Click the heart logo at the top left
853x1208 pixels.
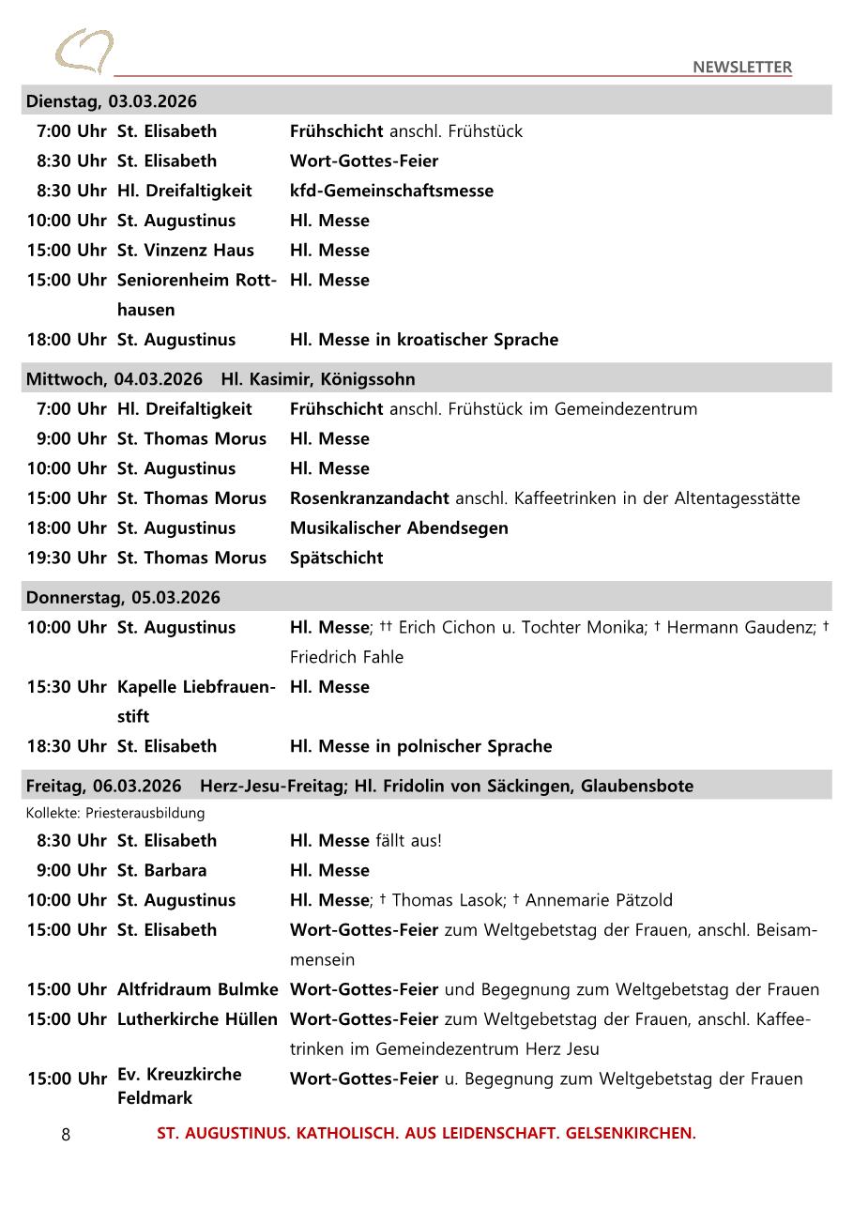pos(84,51)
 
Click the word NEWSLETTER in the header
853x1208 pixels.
pos(742,67)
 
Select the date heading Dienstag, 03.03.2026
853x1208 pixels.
pos(112,101)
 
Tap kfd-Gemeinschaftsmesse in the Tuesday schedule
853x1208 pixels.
pos(391,191)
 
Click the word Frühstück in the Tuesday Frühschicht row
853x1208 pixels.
pos(485,131)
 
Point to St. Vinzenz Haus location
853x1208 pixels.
pos(186,251)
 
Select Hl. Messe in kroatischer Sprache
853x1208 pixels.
pos(423,340)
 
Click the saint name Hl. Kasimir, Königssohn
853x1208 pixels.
pos(317,379)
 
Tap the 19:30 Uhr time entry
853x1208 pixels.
pos(67,558)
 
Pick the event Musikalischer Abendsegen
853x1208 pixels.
pos(399,528)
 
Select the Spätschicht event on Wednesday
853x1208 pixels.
pos(336,558)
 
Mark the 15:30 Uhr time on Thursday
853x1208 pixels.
pos(67,687)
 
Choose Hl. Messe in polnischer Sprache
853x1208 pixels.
pos(420,746)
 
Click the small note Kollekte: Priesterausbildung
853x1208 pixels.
pos(115,813)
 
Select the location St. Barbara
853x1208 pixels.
pos(161,870)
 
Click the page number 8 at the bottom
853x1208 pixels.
pos(66,1135)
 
